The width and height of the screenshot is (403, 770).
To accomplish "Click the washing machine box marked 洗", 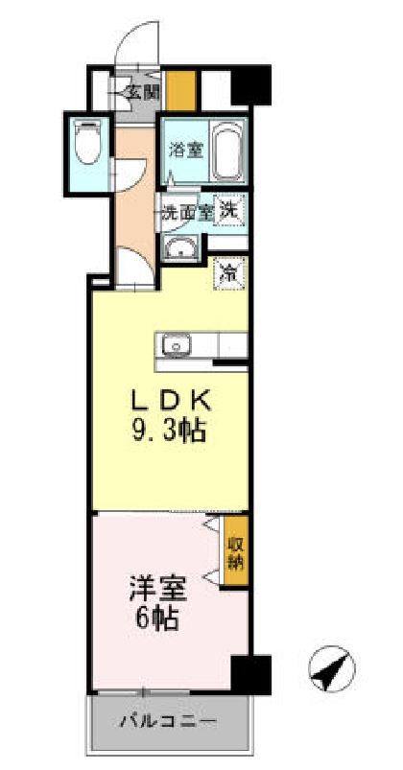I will coord(230,208).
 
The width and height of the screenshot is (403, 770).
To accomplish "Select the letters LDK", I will coord(173,399).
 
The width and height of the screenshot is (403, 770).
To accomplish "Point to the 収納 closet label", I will coord(235,553).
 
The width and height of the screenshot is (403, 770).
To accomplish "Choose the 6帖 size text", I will coord(156,618).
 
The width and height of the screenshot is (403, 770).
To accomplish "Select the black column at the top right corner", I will coord(252,84).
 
